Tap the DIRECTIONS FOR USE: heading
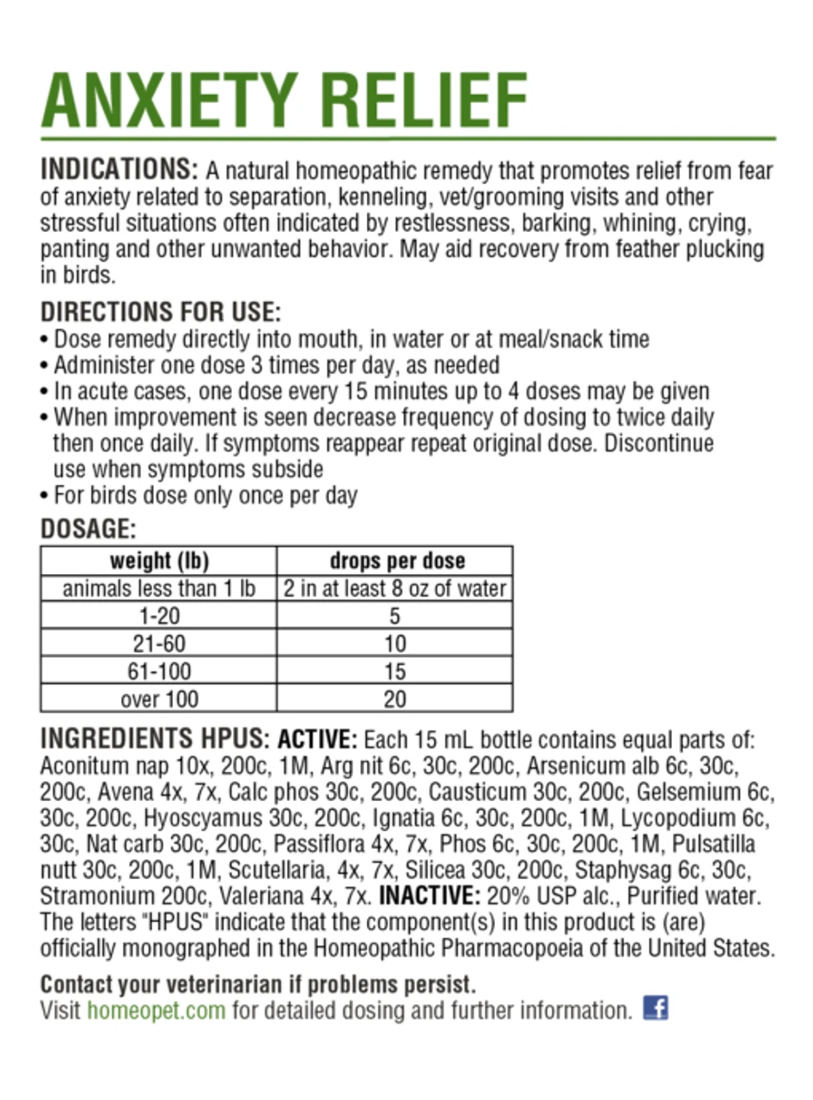tap(161, 310)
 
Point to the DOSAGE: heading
tap(89, 527)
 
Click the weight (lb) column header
tap(159, 561)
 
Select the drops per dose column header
tap(396, 561)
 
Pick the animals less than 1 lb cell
tap(159, 589)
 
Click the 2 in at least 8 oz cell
tap(396, 589)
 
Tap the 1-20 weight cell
tap(159, 616)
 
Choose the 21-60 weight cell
tap(159, 644)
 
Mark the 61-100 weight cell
tap(159, 671)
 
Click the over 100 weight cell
tap(159, 699)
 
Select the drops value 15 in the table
tap(395, 671)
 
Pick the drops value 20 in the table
tap(395, 699)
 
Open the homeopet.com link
tap(156, 1010)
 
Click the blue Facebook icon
tap(656, 1007)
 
